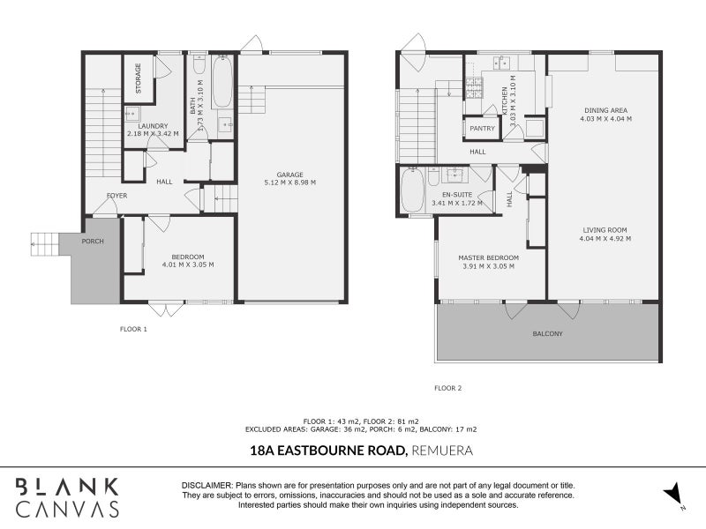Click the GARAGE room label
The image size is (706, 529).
tap(289, 175)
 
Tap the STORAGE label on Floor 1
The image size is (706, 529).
tap(138, 77)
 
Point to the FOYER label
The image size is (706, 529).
tap(117, 196)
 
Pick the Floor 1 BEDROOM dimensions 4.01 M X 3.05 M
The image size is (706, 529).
tap(188, 264)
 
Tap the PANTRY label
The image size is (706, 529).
tap(482, 129)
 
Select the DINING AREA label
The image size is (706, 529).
tap(605, 110)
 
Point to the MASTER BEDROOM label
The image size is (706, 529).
tap(488, 257)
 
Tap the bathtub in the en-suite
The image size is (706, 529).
tap(412, 191)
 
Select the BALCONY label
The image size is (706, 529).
tap(547, 334)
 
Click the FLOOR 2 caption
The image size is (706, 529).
tap(447, 388)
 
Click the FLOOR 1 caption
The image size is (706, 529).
tap(133, 329)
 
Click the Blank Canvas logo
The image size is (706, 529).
tap(67, 497)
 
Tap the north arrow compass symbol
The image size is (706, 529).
tap(673, 495)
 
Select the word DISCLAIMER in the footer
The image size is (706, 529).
tap(207, 486)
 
